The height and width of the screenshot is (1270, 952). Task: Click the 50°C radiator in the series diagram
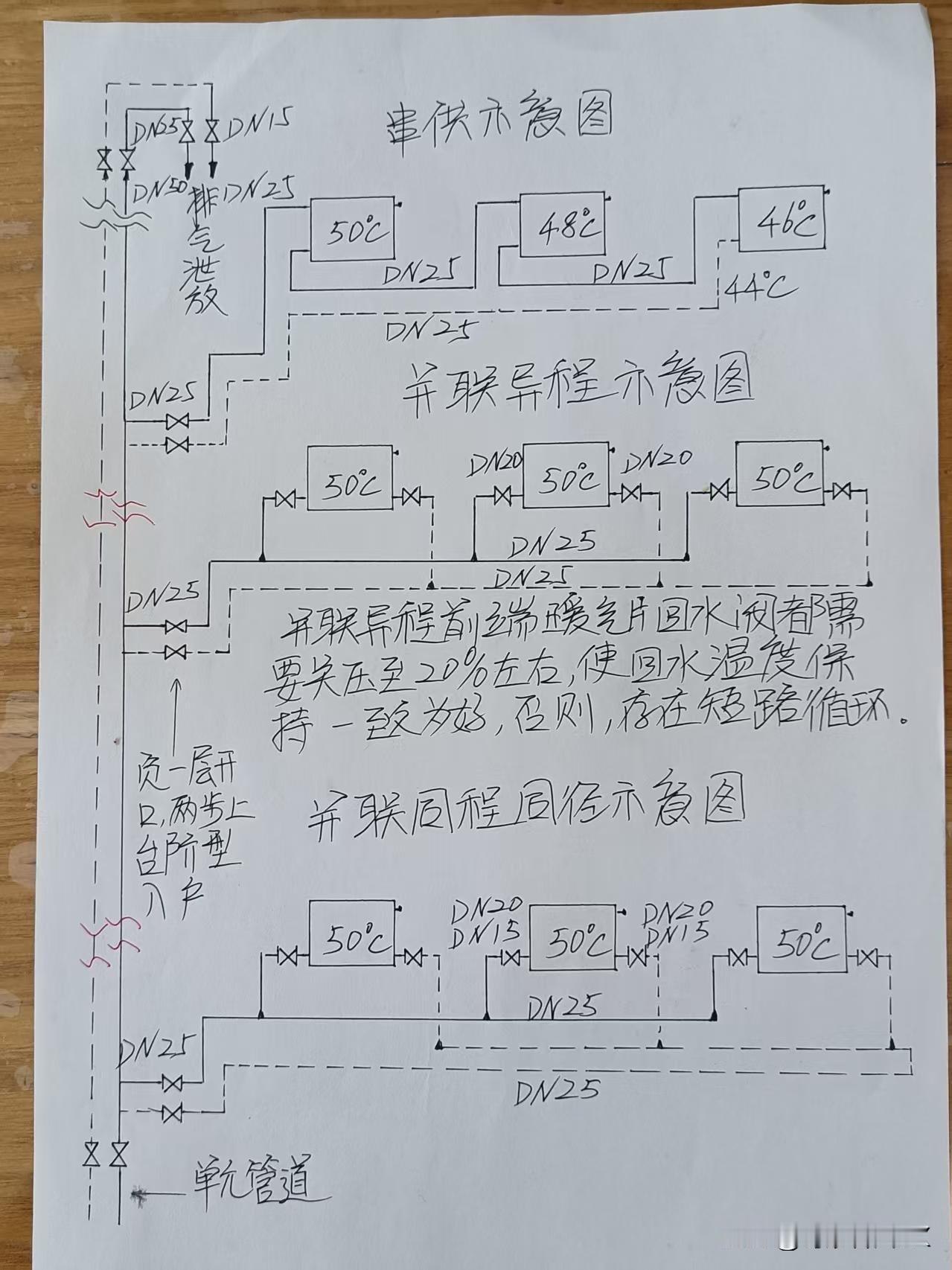point(351,230)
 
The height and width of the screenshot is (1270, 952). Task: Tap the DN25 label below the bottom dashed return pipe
point(556,1091)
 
